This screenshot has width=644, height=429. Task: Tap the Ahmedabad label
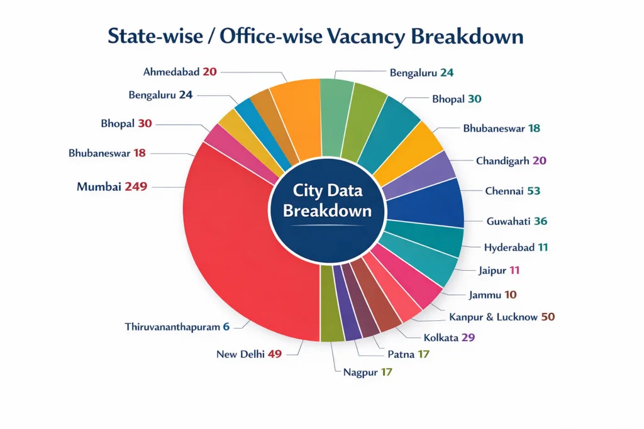170,72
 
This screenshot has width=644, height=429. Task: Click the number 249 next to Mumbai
135,187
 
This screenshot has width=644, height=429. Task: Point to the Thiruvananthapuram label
172,327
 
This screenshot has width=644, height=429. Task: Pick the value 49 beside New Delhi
274,354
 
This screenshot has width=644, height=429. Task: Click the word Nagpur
360,372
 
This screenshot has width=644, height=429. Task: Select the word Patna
401,354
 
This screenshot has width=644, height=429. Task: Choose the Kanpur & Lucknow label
494,317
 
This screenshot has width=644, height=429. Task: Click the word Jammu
484,294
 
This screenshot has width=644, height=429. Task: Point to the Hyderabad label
509,247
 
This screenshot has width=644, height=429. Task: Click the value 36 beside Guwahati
540,221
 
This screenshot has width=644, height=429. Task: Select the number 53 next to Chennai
533,190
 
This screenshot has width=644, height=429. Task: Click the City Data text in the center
327,189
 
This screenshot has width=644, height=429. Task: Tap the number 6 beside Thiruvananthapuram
226,327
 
